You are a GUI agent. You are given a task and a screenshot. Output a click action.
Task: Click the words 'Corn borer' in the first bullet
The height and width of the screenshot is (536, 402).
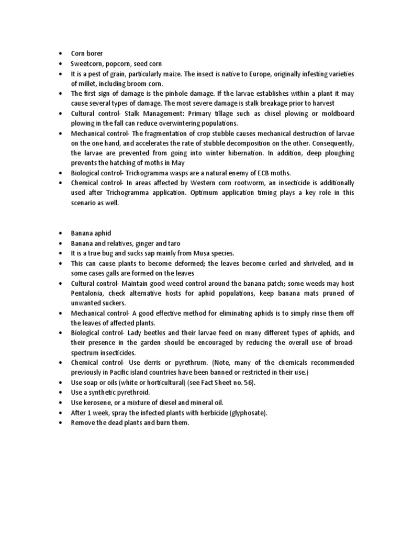click(x=87, y=53)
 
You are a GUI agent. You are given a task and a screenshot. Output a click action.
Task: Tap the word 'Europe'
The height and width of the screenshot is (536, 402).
click(x=270, y=73)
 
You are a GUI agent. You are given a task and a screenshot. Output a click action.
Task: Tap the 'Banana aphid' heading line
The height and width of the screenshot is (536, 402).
click(x=91, y=233)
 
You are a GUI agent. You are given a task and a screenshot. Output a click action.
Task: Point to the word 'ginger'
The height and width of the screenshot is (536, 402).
click(x=147, y=243)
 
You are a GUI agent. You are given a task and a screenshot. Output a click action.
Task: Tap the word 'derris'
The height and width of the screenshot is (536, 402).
click(x=157, y=363)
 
